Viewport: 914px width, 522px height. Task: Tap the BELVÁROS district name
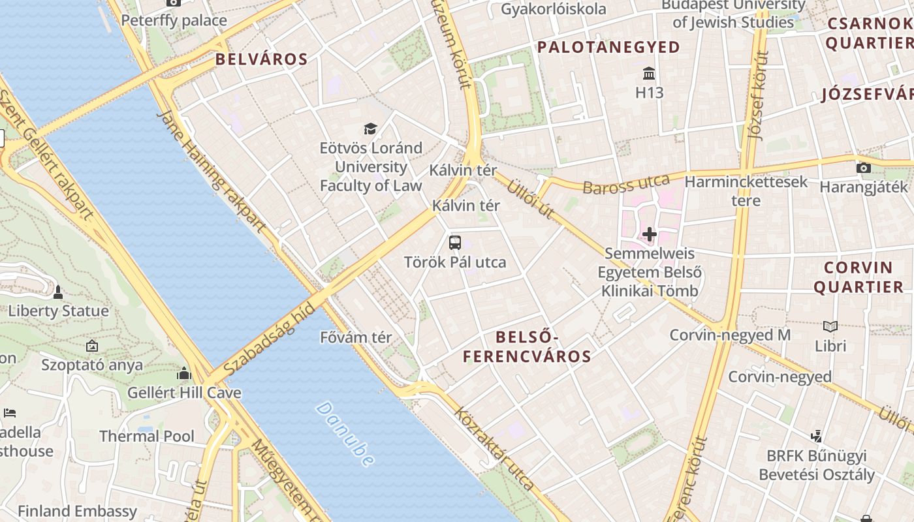pos(261,59)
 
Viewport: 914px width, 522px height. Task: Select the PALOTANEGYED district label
pos(608,47)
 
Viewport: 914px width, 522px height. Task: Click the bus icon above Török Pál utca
pos(455,243)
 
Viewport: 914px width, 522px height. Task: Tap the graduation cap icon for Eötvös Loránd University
pos(371,129)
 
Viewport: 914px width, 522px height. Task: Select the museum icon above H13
pos(649,72)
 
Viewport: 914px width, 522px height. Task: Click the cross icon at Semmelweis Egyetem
pos(650,234)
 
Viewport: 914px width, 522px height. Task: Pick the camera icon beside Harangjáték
pos(864,168)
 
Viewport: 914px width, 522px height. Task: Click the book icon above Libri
pos(830,326)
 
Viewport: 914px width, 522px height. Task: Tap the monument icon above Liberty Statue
pos(58,292)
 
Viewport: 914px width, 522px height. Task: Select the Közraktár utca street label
pos(494,449)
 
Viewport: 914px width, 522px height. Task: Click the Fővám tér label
pos(356,337)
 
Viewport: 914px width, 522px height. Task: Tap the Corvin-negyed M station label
pos(730,335)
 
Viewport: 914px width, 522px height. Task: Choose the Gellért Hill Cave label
pos(184,393)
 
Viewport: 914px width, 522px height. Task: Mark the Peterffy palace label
pos(174,20)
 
